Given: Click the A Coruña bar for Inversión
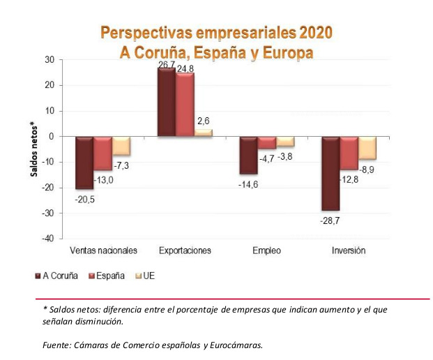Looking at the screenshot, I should [330, 173].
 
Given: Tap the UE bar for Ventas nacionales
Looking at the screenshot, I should [121, 146].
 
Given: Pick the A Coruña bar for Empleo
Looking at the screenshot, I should [248, 155].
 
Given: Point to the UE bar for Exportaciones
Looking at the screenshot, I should [203, 133].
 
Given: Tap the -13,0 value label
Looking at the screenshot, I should [104, 180].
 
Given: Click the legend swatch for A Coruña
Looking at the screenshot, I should [38, 276].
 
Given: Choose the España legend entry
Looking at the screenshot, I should [110, 276].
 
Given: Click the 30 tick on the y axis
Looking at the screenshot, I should [50, 60].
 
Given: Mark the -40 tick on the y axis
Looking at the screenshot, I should [47, 239].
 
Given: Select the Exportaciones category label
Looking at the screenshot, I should [185, 250].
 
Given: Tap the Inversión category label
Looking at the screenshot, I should [349, 250].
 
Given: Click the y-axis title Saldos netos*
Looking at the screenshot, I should [33, 148].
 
